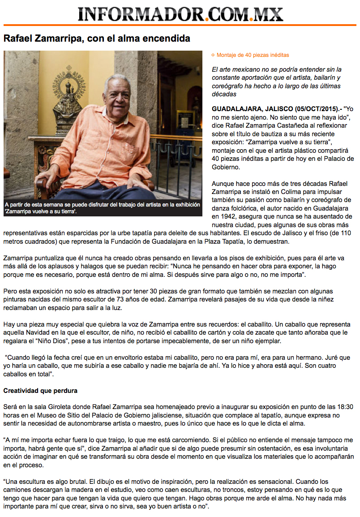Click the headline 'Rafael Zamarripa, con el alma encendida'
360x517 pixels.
point(97,39)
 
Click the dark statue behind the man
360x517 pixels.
point(68,105)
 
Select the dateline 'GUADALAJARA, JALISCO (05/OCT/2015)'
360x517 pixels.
point(276,109)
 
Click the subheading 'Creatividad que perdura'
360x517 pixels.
point(40,391)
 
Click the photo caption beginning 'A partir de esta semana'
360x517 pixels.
point(102,207)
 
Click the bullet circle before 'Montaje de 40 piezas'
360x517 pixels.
point(213,55)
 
